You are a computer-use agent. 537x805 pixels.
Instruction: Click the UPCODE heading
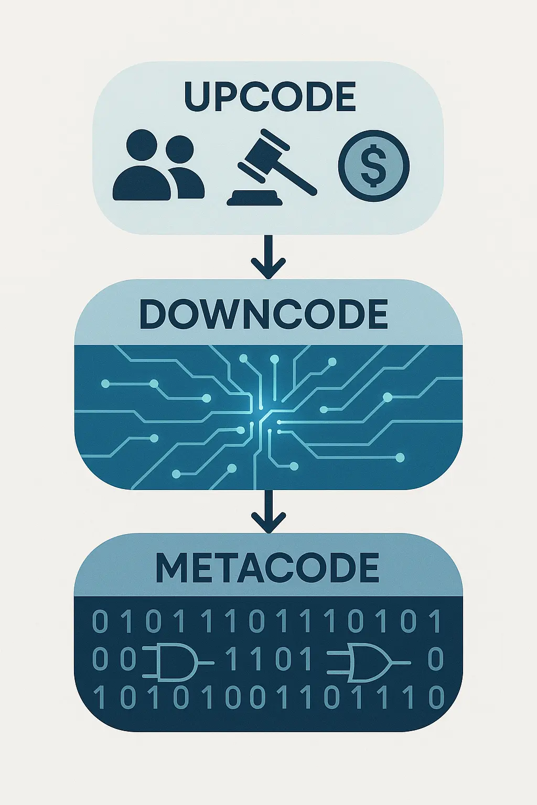[x=269, y=96]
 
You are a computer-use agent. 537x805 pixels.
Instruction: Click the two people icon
[x=158, y=165]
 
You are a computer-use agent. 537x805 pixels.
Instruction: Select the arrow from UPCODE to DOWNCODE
[x=268, y=256]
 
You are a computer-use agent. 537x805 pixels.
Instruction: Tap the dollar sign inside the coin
[x=374, y=166]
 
